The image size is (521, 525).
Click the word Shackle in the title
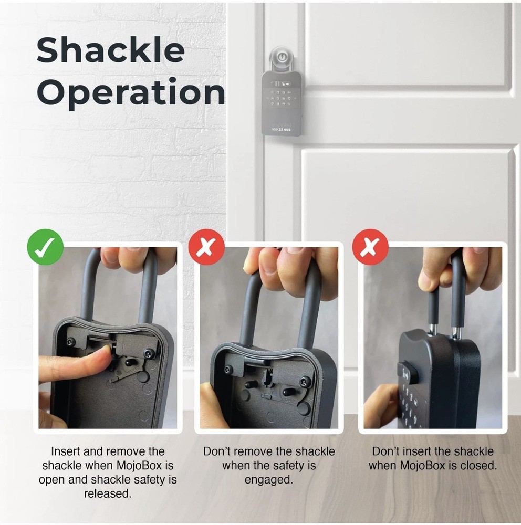[110, 51]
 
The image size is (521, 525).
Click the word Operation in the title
[131, 93]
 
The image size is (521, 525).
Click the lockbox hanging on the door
[282, 103]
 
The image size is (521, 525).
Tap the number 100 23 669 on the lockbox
[282, 129]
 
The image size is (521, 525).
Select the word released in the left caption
[107, 494]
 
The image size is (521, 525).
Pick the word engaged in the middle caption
[268, 480]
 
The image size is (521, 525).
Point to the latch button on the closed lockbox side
[408, 372]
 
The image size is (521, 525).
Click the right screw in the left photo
[149, 353]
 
